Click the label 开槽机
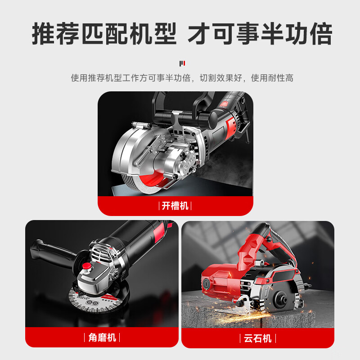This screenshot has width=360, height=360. click(175, 206)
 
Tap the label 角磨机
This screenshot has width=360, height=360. click(103, 337)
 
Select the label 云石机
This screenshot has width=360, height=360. click(258, 338)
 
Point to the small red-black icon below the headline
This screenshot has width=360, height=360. click(182, 63)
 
